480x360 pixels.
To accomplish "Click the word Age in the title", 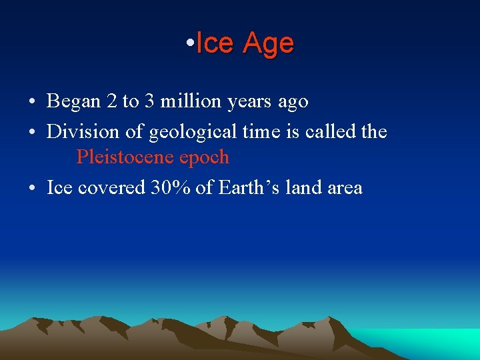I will (x=268, y=44).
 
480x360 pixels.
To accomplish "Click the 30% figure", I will (x=171, y=188).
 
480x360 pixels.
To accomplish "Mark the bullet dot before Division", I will (x=32, y=133).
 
